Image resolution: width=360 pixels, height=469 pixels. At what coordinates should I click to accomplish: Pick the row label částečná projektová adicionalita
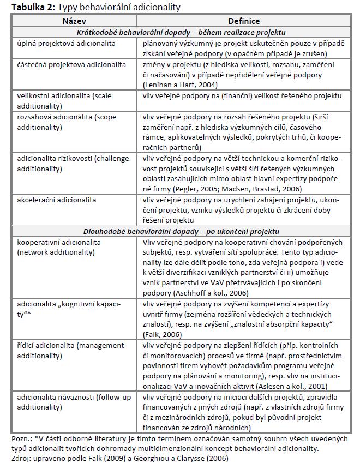69,65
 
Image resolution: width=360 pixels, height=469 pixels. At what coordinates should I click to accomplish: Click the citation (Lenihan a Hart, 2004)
180,85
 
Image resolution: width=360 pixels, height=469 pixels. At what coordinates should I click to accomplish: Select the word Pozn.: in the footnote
21,438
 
